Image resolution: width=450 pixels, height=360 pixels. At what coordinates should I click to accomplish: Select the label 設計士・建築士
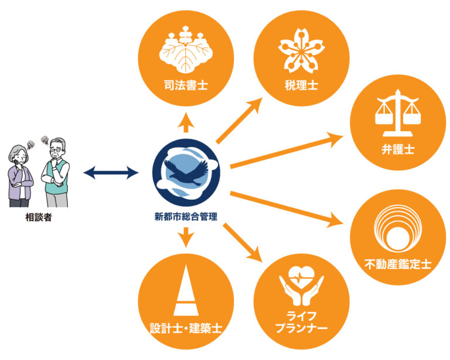(186, 327)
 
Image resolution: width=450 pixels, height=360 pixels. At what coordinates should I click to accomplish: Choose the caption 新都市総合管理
(186, 217)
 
